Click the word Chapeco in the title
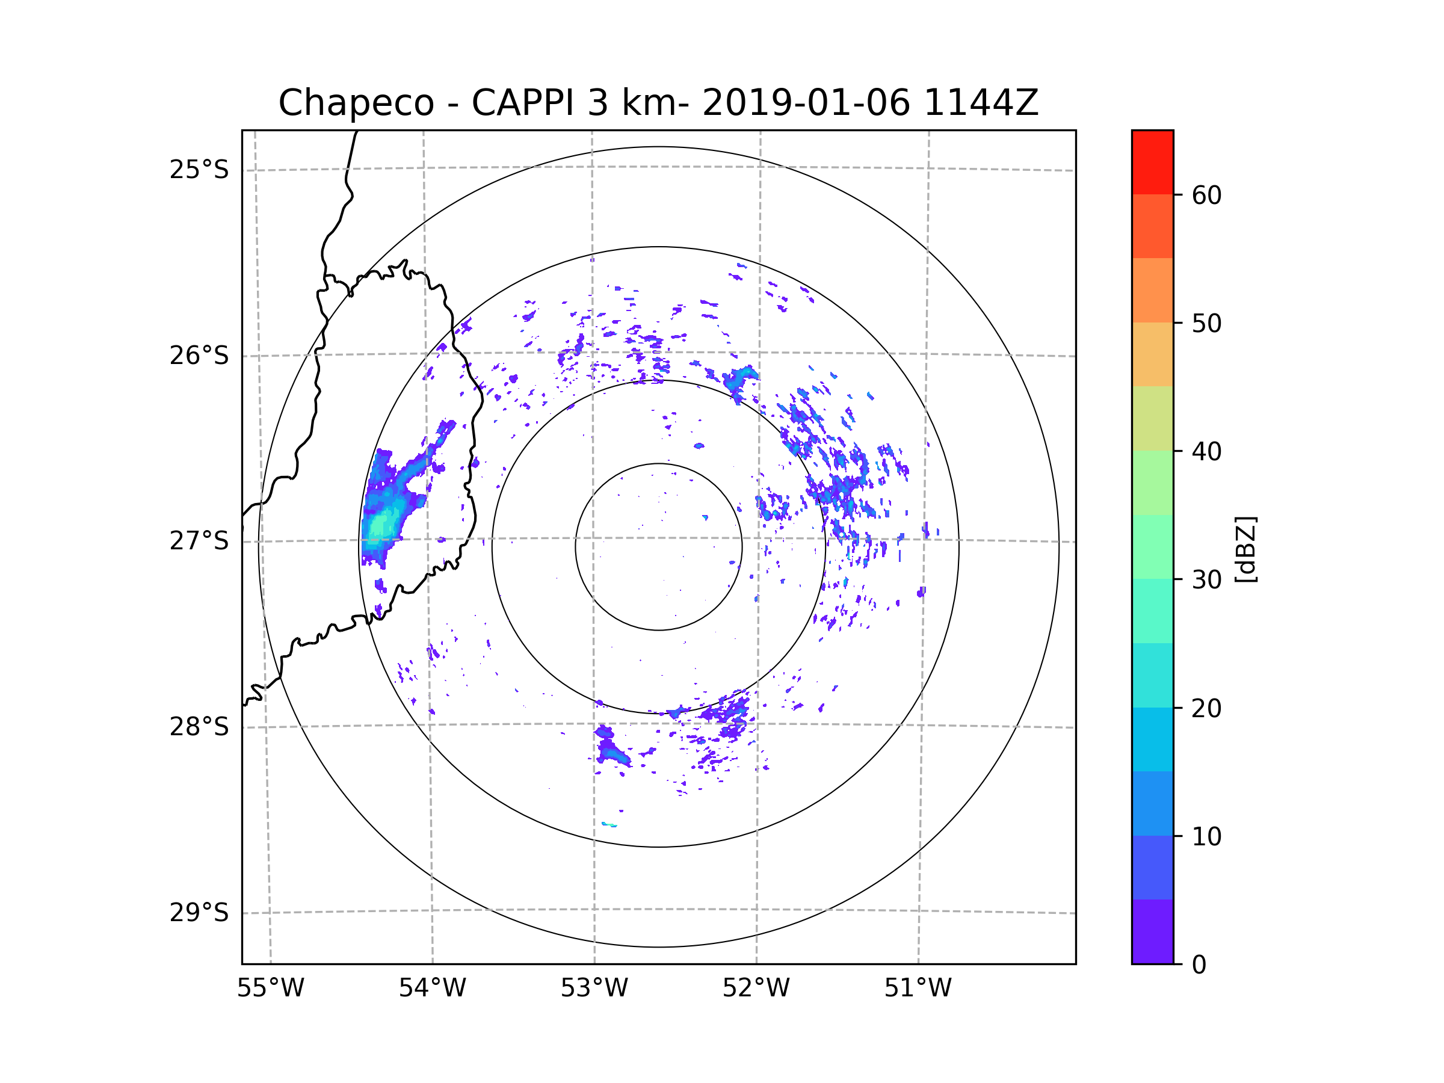pyautogui.click(x=356, y=103)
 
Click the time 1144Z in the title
pyautogui.click(x=981, y=103)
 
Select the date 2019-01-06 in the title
pyautogui.click(x=806, y=103)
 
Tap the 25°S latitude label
pyautogui.click(x=199, y=170)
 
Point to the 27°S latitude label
pyautogui.click(x=199, y=540)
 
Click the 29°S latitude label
pyautogui.click(x=199, y=912)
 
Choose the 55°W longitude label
pyautogui.click(x=270, y=988)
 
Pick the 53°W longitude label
pyautogui.click(x=594, y=988)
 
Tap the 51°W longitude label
pyautogui.click(x=918, y=988)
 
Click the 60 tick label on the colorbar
pyautogui.click(x=1206, y=195)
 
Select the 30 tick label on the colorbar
pyautogui.click(x=1206, y=579)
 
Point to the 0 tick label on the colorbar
pyautogui.click(x=1199, y=964)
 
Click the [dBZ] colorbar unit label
pyautogui.click(x=1245, y=549)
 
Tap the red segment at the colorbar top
pyautogui.click(x=1152, y=162)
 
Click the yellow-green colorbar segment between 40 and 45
pyautogui.click(x=1152, y=418)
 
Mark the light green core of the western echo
pyautogui.click(x=378, y=525)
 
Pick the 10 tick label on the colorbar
pyautogui.click(x=1206, y=836)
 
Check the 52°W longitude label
pyautogui.click(x=756, y=988)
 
